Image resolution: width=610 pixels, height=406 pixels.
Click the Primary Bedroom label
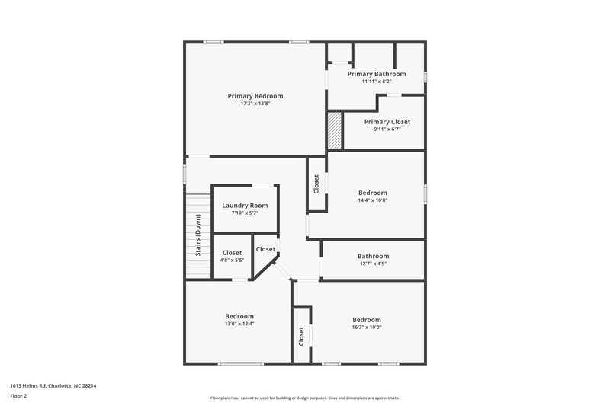(x=255, y=96)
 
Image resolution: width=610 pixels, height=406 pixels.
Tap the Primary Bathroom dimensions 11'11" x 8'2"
(x=376, y=82)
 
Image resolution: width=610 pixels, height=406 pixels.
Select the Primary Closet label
(x=387, y=121)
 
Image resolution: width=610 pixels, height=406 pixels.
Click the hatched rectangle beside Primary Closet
(x=335, y=131)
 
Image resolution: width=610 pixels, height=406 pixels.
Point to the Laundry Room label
(x=244, y=206)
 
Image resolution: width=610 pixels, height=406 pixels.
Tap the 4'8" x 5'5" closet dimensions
(x=232, y=261)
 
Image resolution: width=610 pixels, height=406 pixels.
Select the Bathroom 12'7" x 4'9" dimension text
(x=373, y=264)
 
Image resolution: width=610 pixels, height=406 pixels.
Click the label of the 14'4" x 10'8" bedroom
(x=373, y=193)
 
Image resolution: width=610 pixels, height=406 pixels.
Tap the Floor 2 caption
(x=18, y=395)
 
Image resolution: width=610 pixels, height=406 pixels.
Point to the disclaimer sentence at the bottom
(x=304, y=398)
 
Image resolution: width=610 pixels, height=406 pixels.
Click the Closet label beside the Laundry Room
(x=265, y=249)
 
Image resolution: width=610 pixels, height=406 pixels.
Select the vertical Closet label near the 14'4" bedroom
(x=316, y=184)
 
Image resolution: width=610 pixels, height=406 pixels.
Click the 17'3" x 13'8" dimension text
(x=255, y=104)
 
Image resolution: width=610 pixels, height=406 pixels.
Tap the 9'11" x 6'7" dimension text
(x=387, y=129)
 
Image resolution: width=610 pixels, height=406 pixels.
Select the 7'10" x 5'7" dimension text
(x=244, y=213)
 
